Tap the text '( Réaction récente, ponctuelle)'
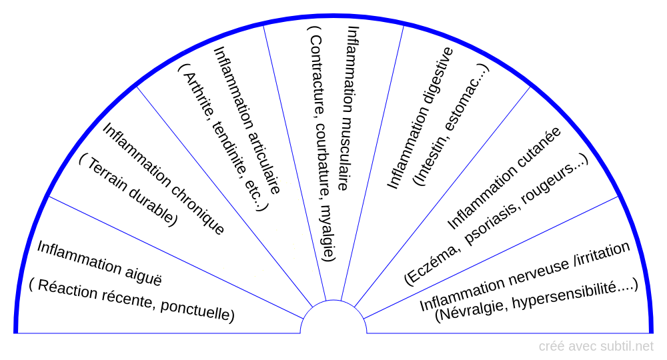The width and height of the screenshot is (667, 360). click(131, 301)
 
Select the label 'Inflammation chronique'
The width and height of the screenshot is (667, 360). click(163, 179)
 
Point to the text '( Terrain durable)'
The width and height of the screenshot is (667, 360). click(128, 190)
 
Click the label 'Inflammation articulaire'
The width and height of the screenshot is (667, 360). click(247, 120)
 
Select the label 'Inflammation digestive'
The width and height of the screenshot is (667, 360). click(421, 118)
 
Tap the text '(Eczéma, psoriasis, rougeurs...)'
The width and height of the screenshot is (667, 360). click(497, 220)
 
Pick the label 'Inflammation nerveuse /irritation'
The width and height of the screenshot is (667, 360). click(525, 276)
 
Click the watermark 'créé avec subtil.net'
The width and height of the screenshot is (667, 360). click(596, 346)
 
